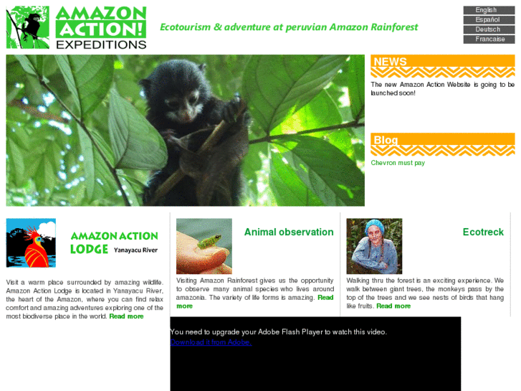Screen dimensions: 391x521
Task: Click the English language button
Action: click(488, 10)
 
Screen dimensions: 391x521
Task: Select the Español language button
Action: click(488, 20)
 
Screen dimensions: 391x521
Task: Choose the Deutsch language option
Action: click(488, 29)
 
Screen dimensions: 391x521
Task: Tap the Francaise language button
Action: click(488, 39)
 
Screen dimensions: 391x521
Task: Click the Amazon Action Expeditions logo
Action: click(77, 27)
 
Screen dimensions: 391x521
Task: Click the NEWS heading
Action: click(391, 62)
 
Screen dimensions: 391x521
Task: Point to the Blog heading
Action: click(386, 140)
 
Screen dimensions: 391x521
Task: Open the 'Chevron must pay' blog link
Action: click(398, 163)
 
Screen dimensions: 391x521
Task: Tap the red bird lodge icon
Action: click(31, 242)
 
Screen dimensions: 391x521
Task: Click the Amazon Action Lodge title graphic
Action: click(114, 242)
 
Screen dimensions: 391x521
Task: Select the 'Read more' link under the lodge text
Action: click(126, 316)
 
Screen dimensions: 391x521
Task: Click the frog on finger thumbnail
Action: click(204, 245)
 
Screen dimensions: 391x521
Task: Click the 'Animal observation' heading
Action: click(289, 232)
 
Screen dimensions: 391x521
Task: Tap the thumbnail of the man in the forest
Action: click(374, 245)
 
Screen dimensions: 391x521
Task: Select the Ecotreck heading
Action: click(483, 232)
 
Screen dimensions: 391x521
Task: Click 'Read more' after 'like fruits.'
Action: click(393, 306)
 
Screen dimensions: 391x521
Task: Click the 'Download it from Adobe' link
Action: click(211, 342)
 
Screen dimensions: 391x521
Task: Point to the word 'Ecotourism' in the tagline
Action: click(185, 27)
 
